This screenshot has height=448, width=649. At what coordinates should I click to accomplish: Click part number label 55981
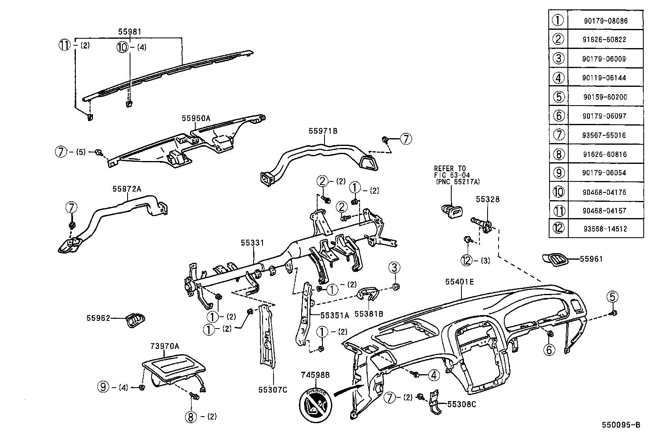(x=130, y=31)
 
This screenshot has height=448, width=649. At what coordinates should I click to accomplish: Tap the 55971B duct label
(x=322, y=131)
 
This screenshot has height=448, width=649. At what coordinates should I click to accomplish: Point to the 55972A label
(x=127, y=189)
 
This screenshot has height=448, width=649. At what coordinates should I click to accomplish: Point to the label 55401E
(x=459, y=282)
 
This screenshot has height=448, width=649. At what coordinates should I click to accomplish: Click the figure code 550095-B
(x=621, y=425)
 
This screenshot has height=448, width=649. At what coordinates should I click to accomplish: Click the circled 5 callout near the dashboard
(x=612, y=296)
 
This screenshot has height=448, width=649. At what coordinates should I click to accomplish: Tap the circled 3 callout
(x=394, y=268)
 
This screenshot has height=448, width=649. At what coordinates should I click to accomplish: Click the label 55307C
(x=272, y=390)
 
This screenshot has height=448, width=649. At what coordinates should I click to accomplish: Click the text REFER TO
(x=450, y=168)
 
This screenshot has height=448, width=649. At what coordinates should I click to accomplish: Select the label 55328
(x=488, y=199)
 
